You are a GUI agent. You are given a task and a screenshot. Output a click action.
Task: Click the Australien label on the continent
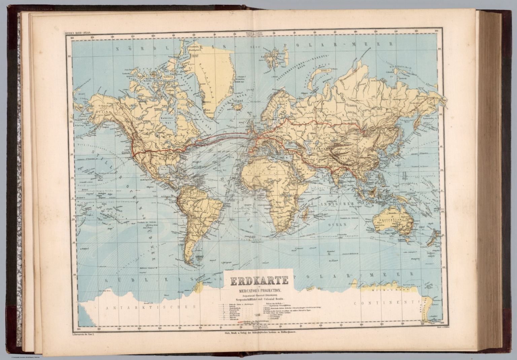(x=396, y=219)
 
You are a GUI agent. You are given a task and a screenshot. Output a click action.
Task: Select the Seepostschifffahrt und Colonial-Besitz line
(x=258, y=299)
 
